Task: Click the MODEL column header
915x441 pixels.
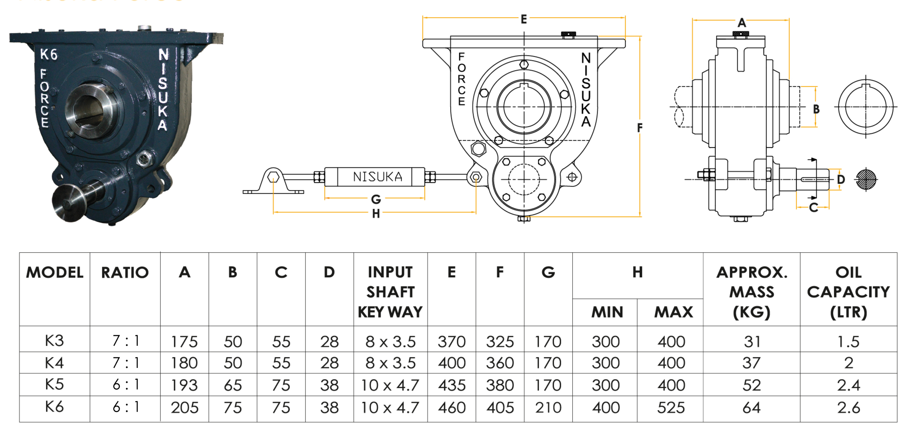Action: click(55, 272)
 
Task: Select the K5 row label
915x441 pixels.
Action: click(54, 384)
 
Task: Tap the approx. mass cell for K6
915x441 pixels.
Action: click(751, 408)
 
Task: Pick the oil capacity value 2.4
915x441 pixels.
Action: click(848, 385)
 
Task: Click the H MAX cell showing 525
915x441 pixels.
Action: click(671, 408)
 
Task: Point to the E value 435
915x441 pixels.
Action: click(451, 385)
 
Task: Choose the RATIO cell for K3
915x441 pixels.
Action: click(125, 341)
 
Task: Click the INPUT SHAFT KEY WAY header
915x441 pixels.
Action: click(390, 292)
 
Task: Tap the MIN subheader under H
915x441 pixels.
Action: click(607, 312)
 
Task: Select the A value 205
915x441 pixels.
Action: click(184, 408)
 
